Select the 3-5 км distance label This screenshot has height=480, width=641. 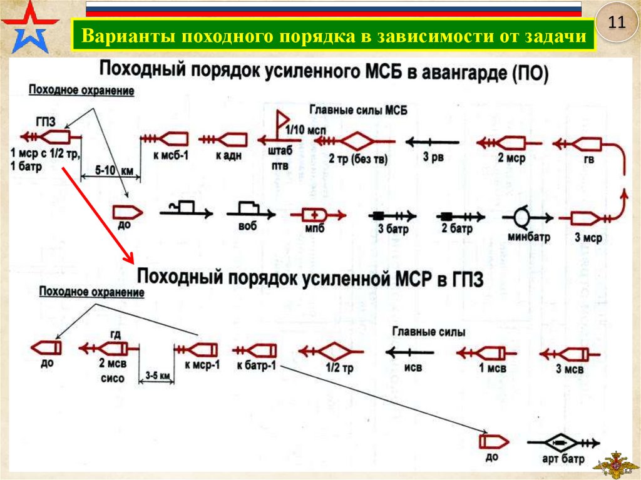[157, 375]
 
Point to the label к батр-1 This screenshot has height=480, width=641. [257, 365]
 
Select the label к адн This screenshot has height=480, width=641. [229, 155]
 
